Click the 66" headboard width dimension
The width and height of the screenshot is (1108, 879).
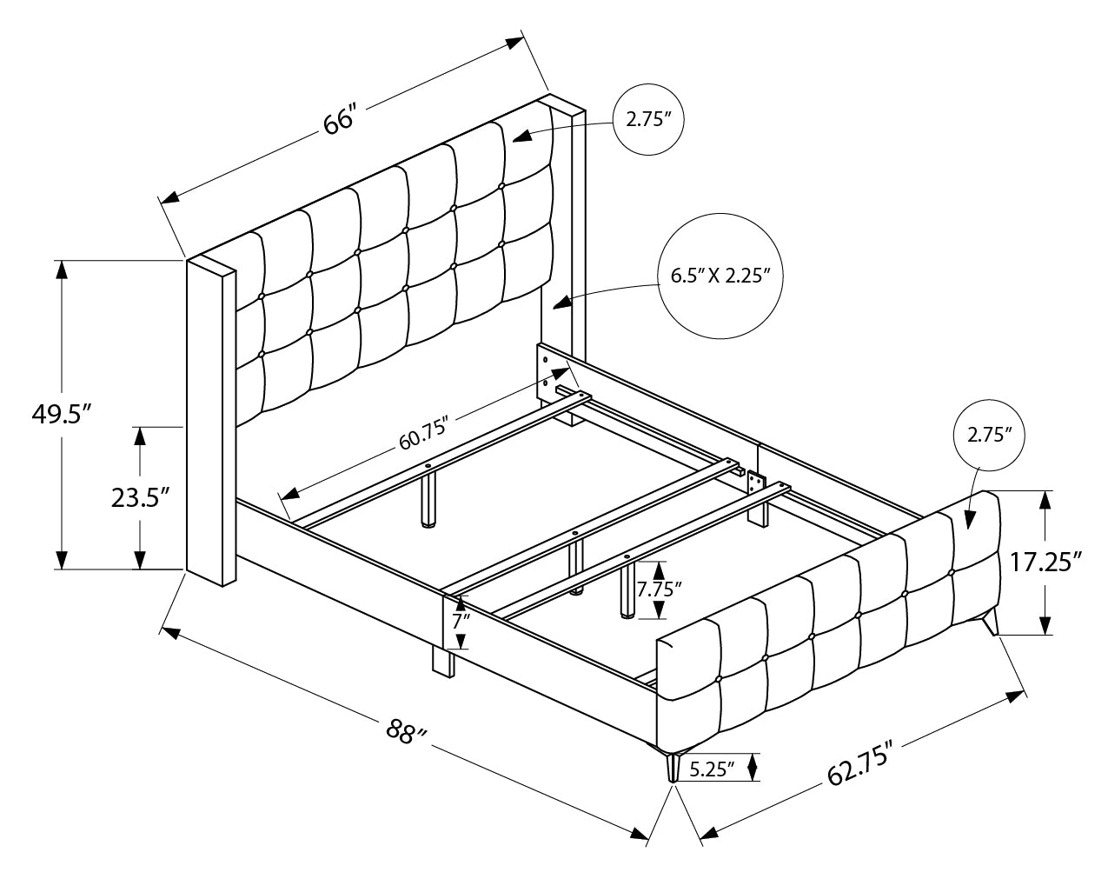pyautogui.click(x=341, y=120)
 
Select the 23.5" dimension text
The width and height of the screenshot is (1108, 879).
pyautogui.click(x=139, y=497)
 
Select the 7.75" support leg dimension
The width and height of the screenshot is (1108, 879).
pyautogui.click(x=659, y=589)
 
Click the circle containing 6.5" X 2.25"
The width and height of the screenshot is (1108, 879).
pyautogui.click(x=721, y=276)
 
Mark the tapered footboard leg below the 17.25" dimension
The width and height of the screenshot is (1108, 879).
pyautogui.click(x=991, y=623)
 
